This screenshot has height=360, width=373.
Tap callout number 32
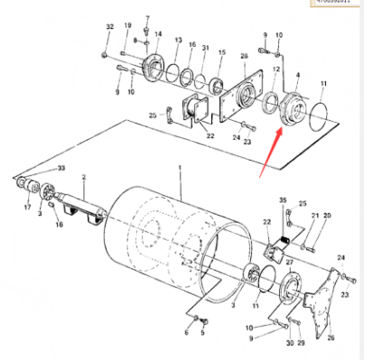click(109, 28)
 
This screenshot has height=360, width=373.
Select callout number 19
click(127, 26)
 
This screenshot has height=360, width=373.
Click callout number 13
click(178, 41)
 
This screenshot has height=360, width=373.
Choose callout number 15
click(221, 53)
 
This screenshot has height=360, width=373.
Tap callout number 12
click(275, 71)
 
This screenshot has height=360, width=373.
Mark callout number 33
click(61, 168)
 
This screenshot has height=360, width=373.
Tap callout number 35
click(282, 199)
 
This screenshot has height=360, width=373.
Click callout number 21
click(315, 217)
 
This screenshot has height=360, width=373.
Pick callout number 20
click(327, 217)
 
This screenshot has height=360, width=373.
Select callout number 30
click(289, 343)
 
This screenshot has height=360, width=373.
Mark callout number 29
click(301, 343)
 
